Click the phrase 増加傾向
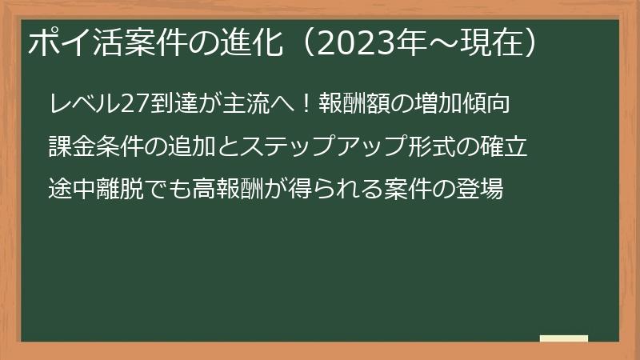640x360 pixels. [463, 104]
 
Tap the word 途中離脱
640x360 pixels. [94, 190]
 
